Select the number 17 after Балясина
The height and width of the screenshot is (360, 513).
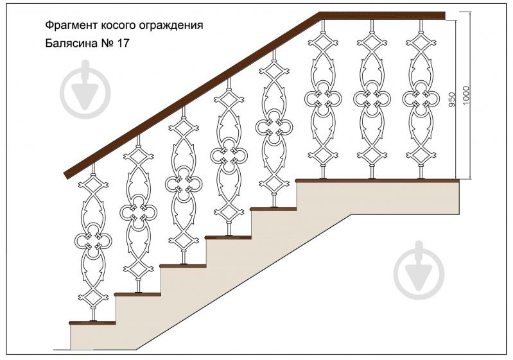pyautogui.click(x=123, y=43)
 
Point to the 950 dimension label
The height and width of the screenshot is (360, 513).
pyautogui.click(x=452, y=99)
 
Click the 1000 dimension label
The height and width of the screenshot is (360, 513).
pyautogui.click(x=466, y=96)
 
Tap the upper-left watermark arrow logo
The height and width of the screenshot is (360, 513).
pyautogui.click(x=85, y=89)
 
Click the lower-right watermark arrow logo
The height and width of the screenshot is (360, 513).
pyautogui.click(x=419, y=270)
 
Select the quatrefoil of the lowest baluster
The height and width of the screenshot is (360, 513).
pyautogui.click(x=93, y=241)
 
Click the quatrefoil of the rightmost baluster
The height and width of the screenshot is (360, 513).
pyautogui.click(x=421, y=98)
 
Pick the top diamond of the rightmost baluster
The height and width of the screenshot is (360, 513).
pyautogui.click(x=421, y=43)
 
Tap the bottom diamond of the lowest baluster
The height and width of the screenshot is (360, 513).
pyautogui.click(x=93, y=297)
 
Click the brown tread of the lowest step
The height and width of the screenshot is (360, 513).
pyautogui.click(x=92, y=323)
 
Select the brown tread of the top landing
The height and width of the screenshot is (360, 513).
pyautogui.click(x=378, y=180)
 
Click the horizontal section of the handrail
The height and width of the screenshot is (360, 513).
pyautogui.click(x=382, y=15)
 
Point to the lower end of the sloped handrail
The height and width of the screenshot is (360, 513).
pyautogui.click(x=65, y=175)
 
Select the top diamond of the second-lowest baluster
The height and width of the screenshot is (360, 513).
pyautogui.click(x=139, y=157)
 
